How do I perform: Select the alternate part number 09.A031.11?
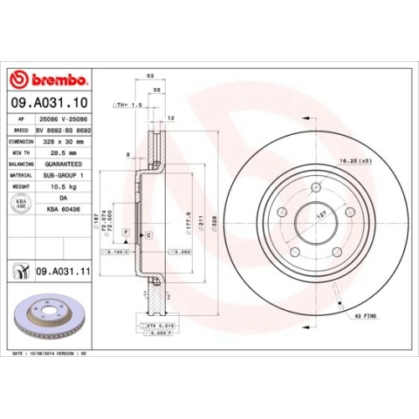click(62, 271)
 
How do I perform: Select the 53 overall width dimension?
click(150, 76)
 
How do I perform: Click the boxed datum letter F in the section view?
click(125, 230)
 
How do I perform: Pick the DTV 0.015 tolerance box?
click(150, 323)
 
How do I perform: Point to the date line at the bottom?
click(50, 354)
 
